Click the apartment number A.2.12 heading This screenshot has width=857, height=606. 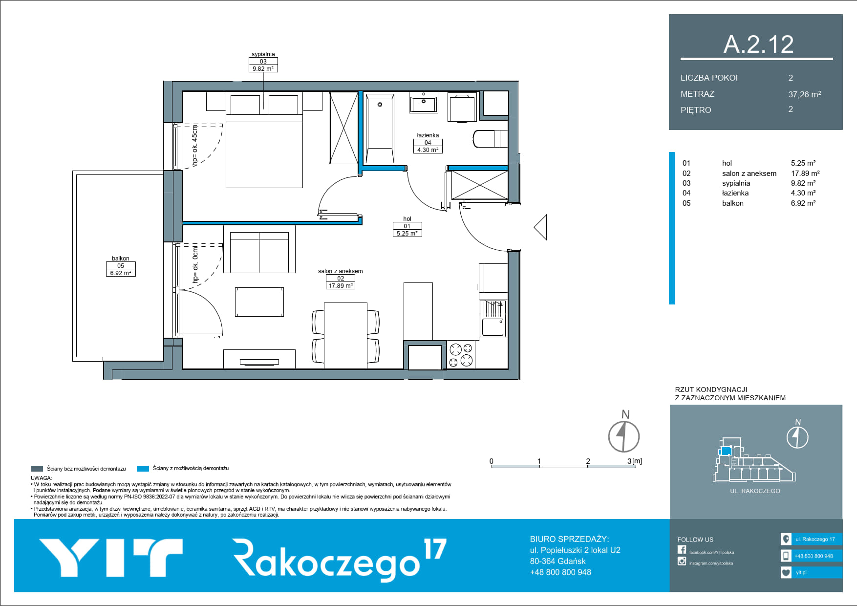pos(758,44)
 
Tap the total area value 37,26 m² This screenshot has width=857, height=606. pos(805,94)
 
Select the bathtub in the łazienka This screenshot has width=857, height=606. pos(380,129)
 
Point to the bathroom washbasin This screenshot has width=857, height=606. pos(424,103)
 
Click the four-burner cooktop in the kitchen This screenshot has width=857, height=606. pos(461,355)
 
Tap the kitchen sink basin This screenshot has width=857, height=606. pos(493,327)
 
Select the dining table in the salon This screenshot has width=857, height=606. pos(345,336)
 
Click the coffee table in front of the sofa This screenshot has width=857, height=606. pos(259,302)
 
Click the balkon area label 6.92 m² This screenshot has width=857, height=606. pos(121,273)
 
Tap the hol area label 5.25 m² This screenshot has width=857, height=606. pos(407,234)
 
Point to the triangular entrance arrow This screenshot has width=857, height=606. pos(540,228)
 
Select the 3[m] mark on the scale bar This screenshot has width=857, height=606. pos(635,461)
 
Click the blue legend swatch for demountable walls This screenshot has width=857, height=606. pos(143,469)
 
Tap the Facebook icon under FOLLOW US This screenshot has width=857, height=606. pos(682,550)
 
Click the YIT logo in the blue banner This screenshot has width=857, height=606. pos(111,558)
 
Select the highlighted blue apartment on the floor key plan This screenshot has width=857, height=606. pos(726,451)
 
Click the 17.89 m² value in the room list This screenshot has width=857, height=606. pos(805,173)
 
